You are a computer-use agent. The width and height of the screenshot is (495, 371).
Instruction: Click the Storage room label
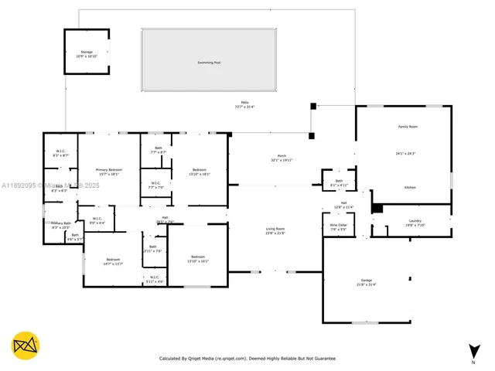(86, 51)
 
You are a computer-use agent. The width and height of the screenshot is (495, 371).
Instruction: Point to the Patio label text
(244, 103)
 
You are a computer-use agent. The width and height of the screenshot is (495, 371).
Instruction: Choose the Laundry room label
(415, 221)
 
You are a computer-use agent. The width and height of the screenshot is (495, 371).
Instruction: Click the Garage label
(367, 280)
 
